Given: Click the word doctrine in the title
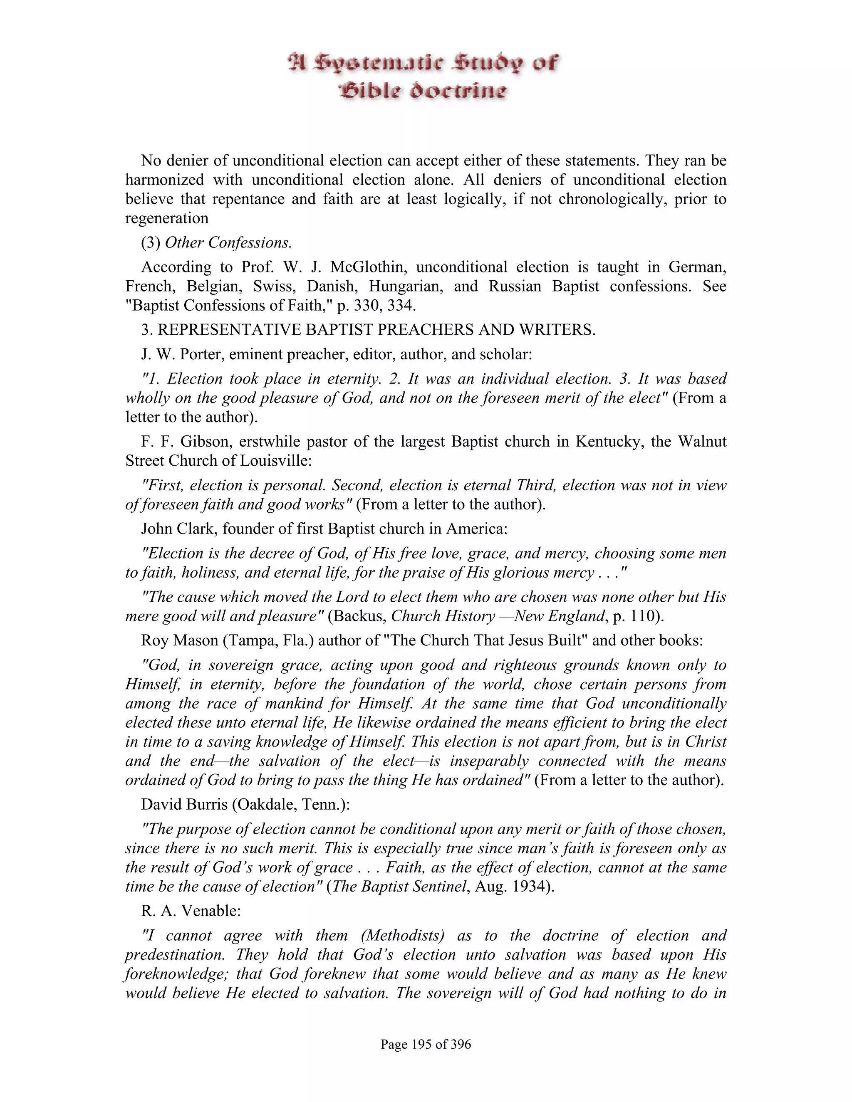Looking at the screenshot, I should [457, 91].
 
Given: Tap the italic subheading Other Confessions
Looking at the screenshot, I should [228, 243].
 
